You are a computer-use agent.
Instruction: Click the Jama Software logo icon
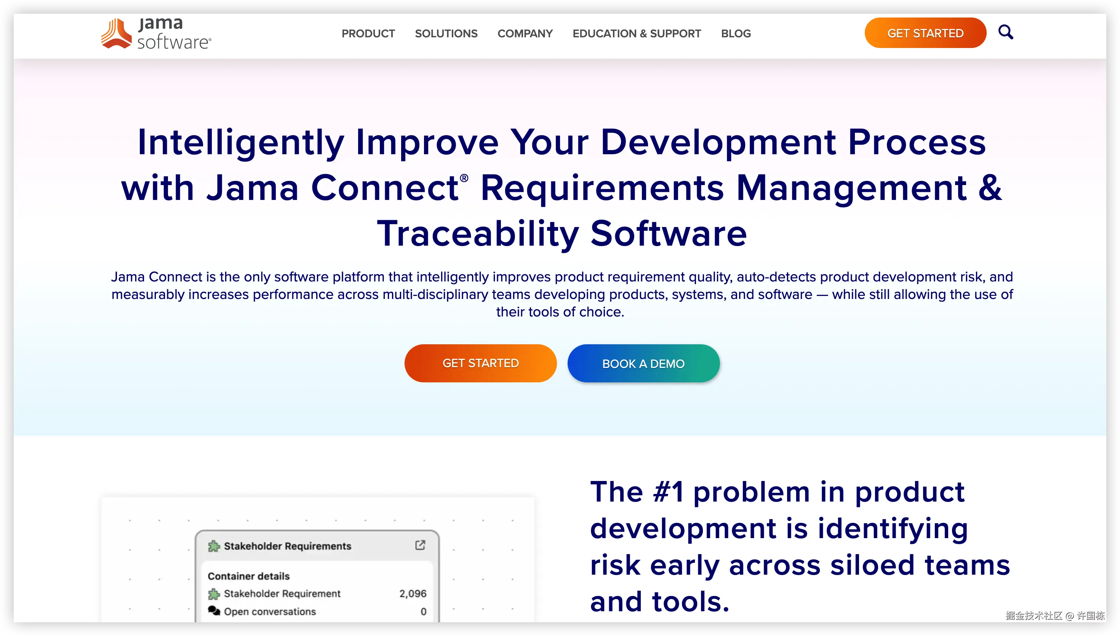click(x=116, y=33)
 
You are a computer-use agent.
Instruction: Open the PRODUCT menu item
click(x=368, y=34)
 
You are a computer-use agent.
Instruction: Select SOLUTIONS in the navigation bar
click(x=446, y=34)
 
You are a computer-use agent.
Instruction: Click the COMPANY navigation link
click(x=525, y=34)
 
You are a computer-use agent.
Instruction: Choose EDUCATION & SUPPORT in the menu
click(x=637, y=34)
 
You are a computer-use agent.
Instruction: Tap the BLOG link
click(x=736, y=34)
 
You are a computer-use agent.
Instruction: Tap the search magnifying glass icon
click(x=1006, y=32)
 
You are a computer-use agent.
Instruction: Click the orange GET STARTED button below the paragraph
click(x=480, y=363)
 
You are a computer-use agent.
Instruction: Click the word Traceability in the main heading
click(x=478, y=234)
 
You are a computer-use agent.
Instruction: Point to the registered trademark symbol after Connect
click(x=464, y=178)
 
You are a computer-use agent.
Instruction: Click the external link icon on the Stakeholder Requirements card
click(x=420, y=545)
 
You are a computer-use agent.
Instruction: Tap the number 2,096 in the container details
click(x=412, y=594)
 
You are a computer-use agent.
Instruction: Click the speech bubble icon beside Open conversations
click(x=214, y=610)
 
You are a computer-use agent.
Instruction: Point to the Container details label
click(x=248, y=576)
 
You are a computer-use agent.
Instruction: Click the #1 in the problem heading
click(x=668, y=492)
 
